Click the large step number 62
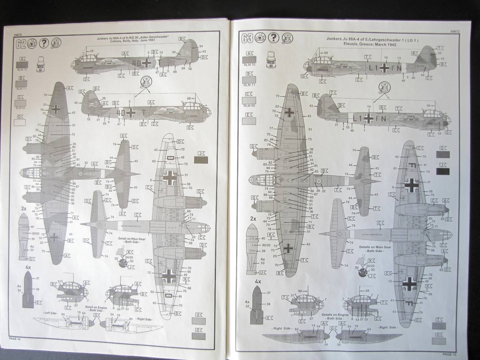(x=20, y=43)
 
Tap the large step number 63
(x=247, y=38)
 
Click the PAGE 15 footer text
(x=449, y=354)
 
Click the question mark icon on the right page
(x=273, y=38)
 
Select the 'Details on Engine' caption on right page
(x=335, y=314)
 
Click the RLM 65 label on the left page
(x=20, y=108)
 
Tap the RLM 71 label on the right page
(x=249, y=85)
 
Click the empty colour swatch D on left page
(x=20, y=122)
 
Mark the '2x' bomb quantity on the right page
(x=253, y=219)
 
